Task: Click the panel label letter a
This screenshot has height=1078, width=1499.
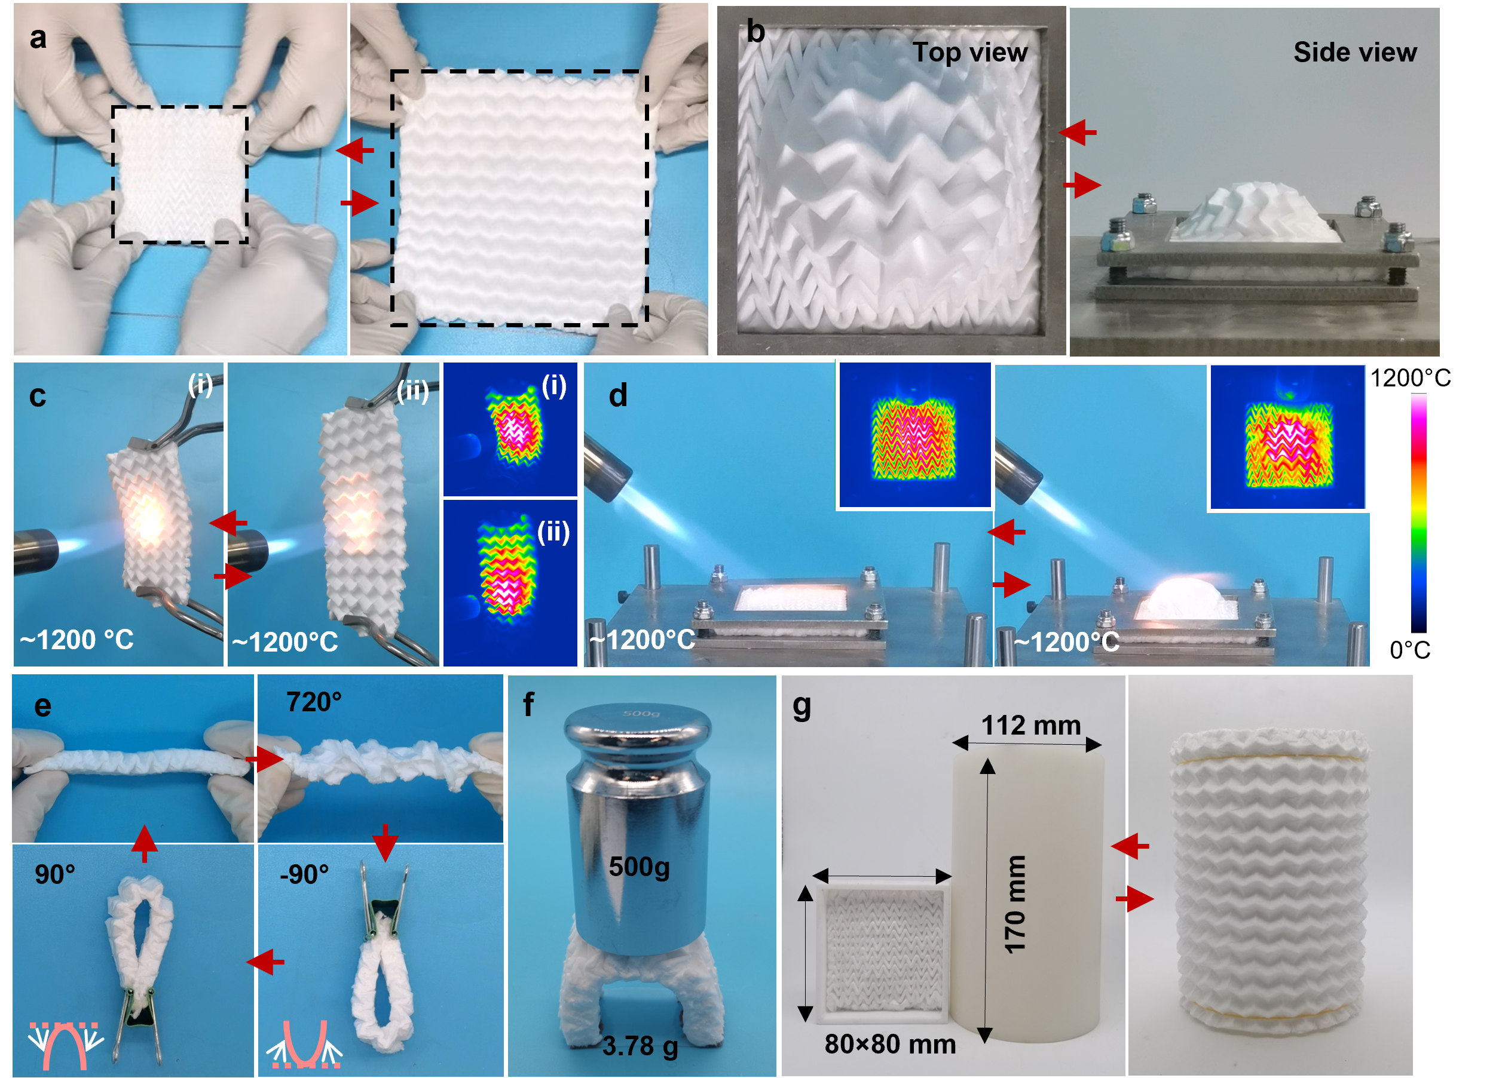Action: (x=38, y=38)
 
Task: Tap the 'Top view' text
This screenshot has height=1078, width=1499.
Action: (x=969, y=52)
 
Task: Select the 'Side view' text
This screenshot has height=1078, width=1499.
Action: (x=1355, y=52)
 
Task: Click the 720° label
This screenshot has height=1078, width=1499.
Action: (x=313, y=702)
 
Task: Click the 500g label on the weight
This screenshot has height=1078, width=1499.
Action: (x=638, y=867)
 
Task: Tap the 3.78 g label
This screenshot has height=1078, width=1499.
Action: (x=639, y=1046)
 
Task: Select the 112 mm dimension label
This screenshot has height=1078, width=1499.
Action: (x=1030, y=725)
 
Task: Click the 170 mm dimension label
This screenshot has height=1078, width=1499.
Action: (x=1014, y=904)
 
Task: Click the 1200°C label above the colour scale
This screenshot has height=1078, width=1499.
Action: (x=1410, y=378)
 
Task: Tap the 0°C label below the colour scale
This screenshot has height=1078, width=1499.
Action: (x=1410, y=650)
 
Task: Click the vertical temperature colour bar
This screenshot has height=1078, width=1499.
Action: (x=1418, y=513)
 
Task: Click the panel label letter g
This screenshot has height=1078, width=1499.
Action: (x=801, y=706)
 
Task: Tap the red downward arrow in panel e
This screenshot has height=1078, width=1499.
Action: (x=385, y=843)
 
